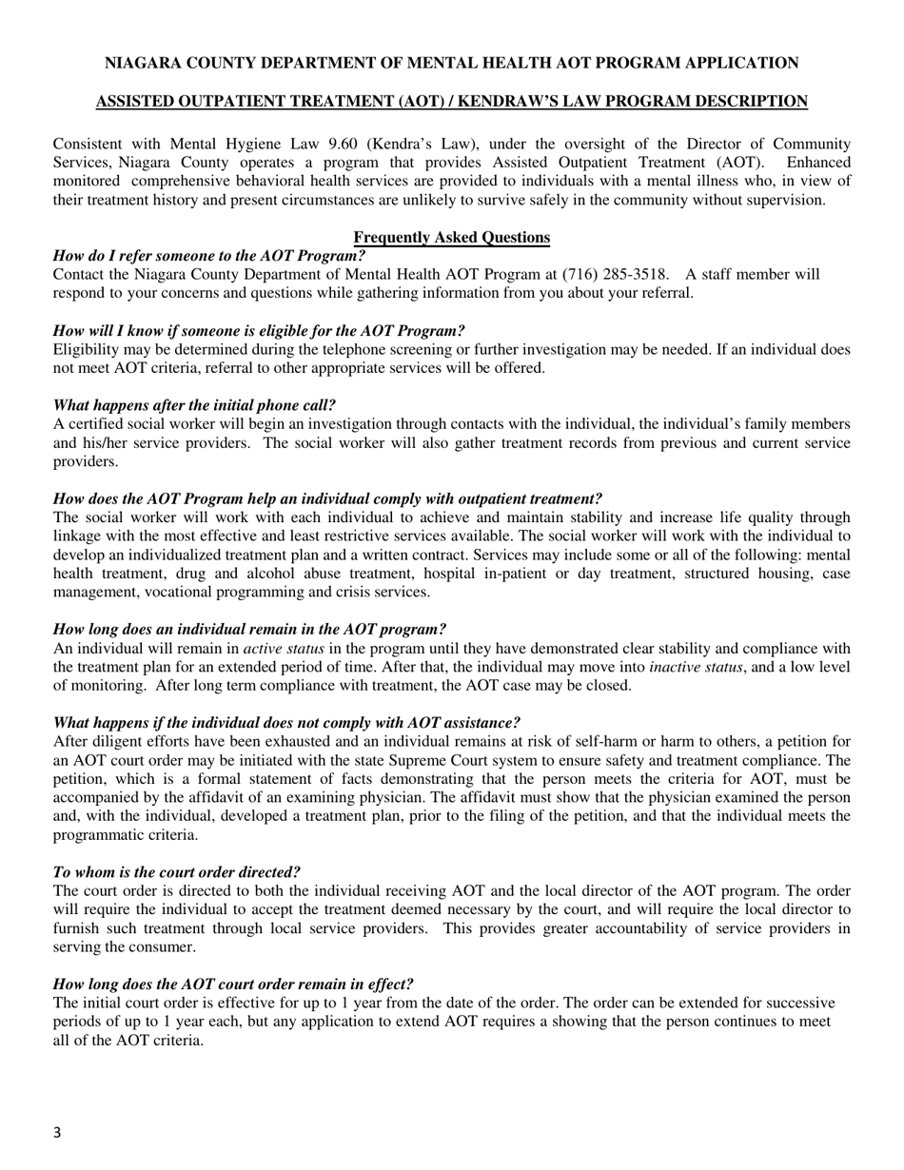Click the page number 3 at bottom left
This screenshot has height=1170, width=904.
point(57,1132)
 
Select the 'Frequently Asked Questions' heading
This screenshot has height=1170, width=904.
point(451,238)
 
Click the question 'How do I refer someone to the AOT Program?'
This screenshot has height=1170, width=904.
point(209,256)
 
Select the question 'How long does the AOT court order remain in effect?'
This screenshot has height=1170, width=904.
point(233,985)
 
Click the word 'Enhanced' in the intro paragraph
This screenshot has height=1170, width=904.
point(820,163)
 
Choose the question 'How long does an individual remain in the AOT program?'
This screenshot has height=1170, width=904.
point(249,630)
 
